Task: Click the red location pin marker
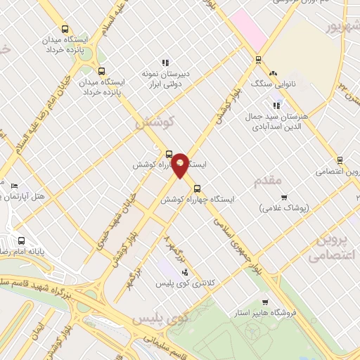coord(181,165)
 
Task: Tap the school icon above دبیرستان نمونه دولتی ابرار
coord(166,63)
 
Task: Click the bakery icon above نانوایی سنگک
coord(274,72)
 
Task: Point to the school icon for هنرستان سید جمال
coord(276,105)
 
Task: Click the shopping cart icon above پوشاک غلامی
coord(284,198)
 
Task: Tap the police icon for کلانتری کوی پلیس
coord(185,272)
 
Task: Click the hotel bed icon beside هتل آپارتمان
coord(14,186)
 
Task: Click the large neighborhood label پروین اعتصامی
coord(334,246)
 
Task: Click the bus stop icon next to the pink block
coord(259,60)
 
